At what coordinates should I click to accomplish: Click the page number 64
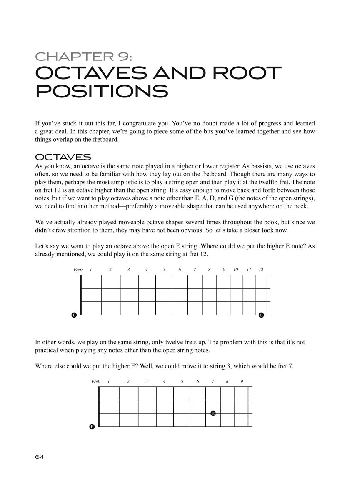[x=40, y=457]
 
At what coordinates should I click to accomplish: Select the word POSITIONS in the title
[x=102, y=91]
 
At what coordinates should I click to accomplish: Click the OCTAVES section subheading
[x=63, y=157]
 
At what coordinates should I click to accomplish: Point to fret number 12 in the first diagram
[x=261, y=270]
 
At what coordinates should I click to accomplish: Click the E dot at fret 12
[x=261, y=315]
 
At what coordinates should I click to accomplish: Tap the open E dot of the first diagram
[x=74, y=315]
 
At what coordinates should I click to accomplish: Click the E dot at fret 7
[x=213, y=413]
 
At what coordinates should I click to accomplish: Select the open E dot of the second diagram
[x=92, y=427]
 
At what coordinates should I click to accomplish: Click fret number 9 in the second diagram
[x=242, y=381]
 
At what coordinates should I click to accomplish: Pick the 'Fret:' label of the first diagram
[x=78, y=270]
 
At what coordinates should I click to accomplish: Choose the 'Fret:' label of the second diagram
[x=96, y=381]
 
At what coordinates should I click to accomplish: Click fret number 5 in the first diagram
[x=164, y=270]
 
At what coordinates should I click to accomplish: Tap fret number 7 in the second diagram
[x=212, y=381]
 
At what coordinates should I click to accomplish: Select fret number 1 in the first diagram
[x=91, y=270]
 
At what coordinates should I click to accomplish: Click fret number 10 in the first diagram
[x=235, y=270]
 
